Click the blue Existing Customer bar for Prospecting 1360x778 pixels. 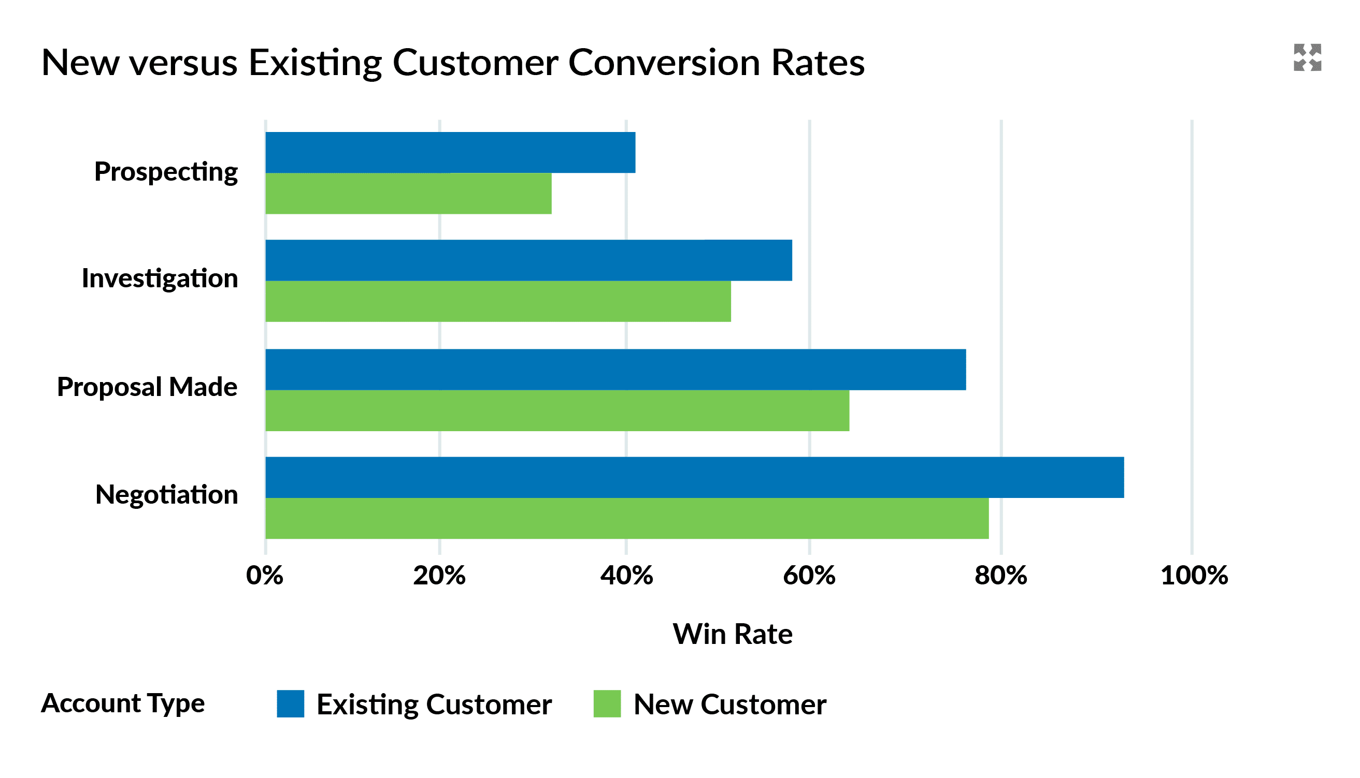(x=450, y=152)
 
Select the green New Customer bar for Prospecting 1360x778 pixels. (x=409, y=194)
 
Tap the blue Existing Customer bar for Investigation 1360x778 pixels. (x=528, y=260)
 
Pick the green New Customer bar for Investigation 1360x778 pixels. (x=498, y=301)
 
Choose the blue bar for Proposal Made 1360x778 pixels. (x=615, y=370)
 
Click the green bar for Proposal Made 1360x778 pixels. (x=557, y=411)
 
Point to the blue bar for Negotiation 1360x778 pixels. (x=695, y=478)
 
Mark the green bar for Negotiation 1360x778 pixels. (x=627, y=518)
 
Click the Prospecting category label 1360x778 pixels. (x=166, y=172)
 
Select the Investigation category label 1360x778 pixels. (x=160, y=279)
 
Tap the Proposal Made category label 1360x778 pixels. (x=147, y=387)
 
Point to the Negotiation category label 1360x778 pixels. (x=166, y=495)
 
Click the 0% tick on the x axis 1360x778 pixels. (x=265, y=576)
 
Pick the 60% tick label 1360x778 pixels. (x=809, y=576)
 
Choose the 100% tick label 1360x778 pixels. (x=1194, y=576)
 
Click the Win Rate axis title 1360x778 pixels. (x=733, y=634)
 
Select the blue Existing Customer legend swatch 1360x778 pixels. (x=291, y=704)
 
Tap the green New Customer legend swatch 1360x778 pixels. (x=607, y=704)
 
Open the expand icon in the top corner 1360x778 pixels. (x=1308, y=57)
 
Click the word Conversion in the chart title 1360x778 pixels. (x=663, y=63)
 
